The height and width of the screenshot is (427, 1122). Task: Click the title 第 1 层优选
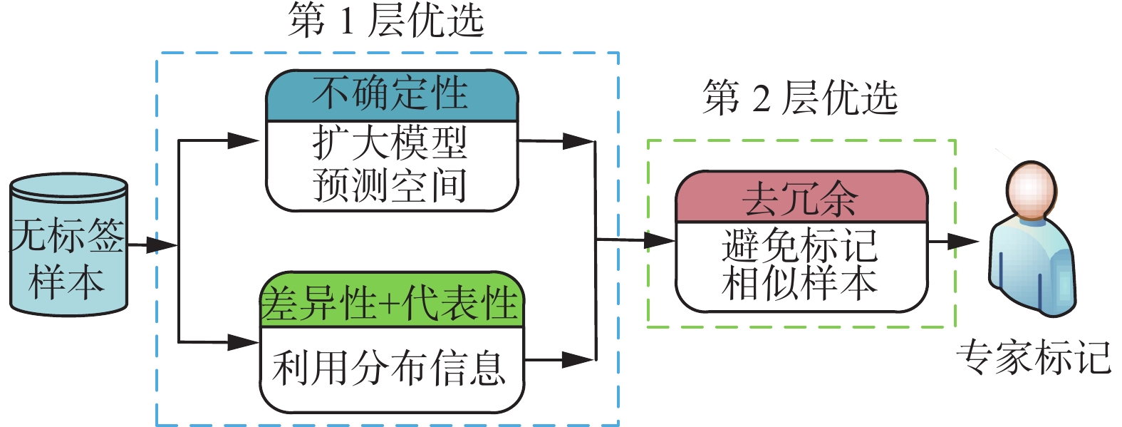click(x=385, y=20)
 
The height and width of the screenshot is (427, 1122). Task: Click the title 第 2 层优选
click(x=799, y=98)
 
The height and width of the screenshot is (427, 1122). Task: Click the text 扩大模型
click(x=390, y=143)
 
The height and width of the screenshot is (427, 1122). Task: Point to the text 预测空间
click(x=390, y=185)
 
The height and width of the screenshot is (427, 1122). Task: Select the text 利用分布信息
click(x=390, y=369)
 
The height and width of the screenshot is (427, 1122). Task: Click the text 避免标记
click(x=800, y=245)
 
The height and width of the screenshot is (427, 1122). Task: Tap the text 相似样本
click(x=800, y=283)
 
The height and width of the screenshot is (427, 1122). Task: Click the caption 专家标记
click(x=1034, y=357)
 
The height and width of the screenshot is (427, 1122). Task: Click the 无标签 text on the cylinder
click(x=68, y=235)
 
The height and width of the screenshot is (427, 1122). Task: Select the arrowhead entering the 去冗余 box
click(x=659, y=241)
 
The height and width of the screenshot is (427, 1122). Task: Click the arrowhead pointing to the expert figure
click(x=965, y=242)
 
